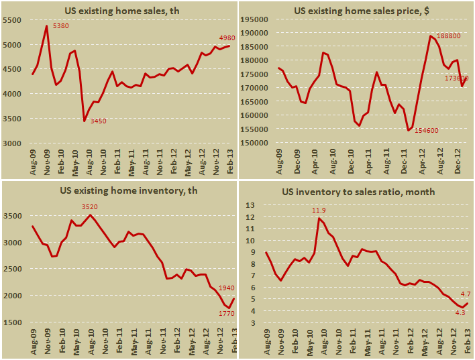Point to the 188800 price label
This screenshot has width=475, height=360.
tap(450, 37)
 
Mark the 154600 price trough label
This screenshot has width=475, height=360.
tap(426, 130)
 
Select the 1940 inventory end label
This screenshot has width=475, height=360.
tap(226, 286)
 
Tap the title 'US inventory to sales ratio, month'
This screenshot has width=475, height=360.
tap(358, 192)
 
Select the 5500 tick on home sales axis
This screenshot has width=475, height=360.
tap(17, 21)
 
